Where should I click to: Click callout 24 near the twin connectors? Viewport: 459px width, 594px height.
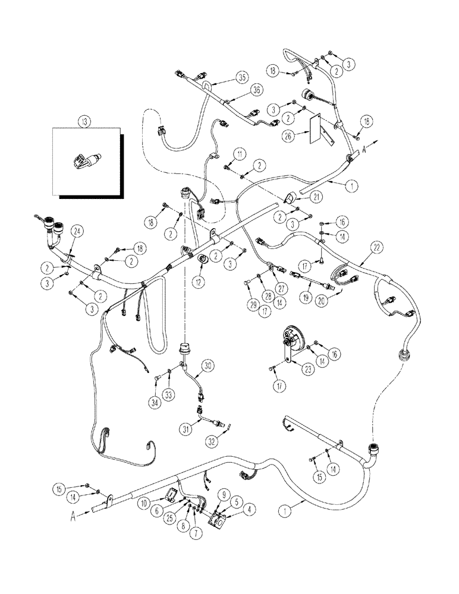click(76, 230)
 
